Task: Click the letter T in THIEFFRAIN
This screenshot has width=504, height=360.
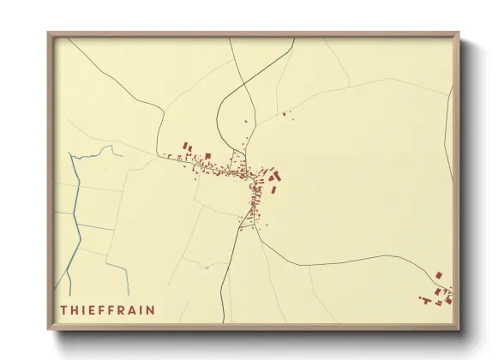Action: pyautogui.click(x=63, y=309)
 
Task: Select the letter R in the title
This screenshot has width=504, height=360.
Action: pyautogui.click(x=123, y=309)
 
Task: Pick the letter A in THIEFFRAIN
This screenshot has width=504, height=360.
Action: pyautogui.click(x=135, y=309)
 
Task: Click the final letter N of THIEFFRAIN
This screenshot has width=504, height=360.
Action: pyautogui.click(x=153, y=309)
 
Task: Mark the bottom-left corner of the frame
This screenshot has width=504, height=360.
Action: pyautogui.click(x=49, y=329)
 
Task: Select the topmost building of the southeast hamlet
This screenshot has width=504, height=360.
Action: pyautogui.click(x=438, y=275)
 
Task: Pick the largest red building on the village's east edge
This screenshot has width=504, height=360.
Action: pyautogui.click(x=275, y=177)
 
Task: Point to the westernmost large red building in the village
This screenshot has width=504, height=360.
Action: pyautogui.click(x=185, y=147)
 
